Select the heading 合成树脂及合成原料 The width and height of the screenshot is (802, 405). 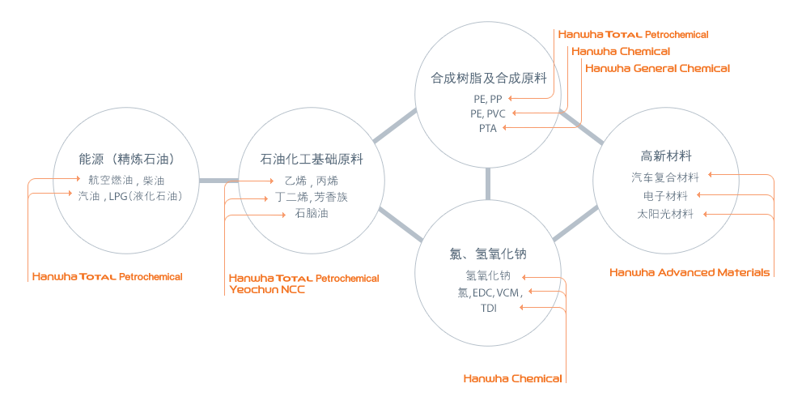tap(489, 79)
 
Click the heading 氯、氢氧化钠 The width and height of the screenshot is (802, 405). tap(488, 254)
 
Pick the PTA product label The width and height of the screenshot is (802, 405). tap(488, 128)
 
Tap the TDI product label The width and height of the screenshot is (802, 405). tap(488, 309)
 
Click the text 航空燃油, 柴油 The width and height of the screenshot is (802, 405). tap(126, 180)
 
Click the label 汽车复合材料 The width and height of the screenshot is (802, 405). tap(664, 177)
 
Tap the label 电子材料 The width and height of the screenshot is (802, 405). tap(665, 195)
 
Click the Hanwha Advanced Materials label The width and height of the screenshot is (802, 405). tap(690, 272)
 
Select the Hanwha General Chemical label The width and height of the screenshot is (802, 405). tap(657, 69)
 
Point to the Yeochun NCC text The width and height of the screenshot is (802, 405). tap(267, 289)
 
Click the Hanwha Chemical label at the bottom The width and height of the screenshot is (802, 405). tap(512, 378)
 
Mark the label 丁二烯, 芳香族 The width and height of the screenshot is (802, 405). tap(312, 197)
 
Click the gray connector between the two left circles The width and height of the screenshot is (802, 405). tap(219, 180)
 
